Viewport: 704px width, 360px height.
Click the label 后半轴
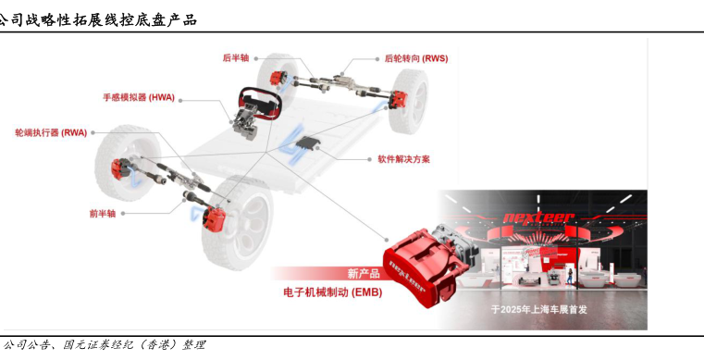click(x=236, y=58)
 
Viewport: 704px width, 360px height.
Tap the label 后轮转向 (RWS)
click(x=416, y=58)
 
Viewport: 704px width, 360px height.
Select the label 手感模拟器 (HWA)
click(x=139, y=97)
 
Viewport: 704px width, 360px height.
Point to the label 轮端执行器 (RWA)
click(x=51, y=133)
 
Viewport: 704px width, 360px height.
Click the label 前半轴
click(x=103, y=214)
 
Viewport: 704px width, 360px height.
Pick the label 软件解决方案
click(x=403, y=159)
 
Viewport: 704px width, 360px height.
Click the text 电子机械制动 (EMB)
click(x=333, y=292)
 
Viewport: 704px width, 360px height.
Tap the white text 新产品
click(x=364, y=273)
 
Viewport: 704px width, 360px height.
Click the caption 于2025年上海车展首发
click(x=538, y=309)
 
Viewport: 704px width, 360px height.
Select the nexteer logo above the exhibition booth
click(x=538, y=219)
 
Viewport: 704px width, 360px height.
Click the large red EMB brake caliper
click(x=426, y=265)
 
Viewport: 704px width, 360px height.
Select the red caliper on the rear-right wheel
click(x=398, y=99)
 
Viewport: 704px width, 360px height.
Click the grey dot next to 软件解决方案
click(x=368, y=159)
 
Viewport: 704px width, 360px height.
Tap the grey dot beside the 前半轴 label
click(x=123, y=214)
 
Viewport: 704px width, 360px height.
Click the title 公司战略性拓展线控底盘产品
click(x=97, y=19)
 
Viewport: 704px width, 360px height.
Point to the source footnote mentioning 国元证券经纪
click(x=104, y=345)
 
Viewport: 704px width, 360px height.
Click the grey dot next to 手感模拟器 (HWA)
click(x=180, y=101)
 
